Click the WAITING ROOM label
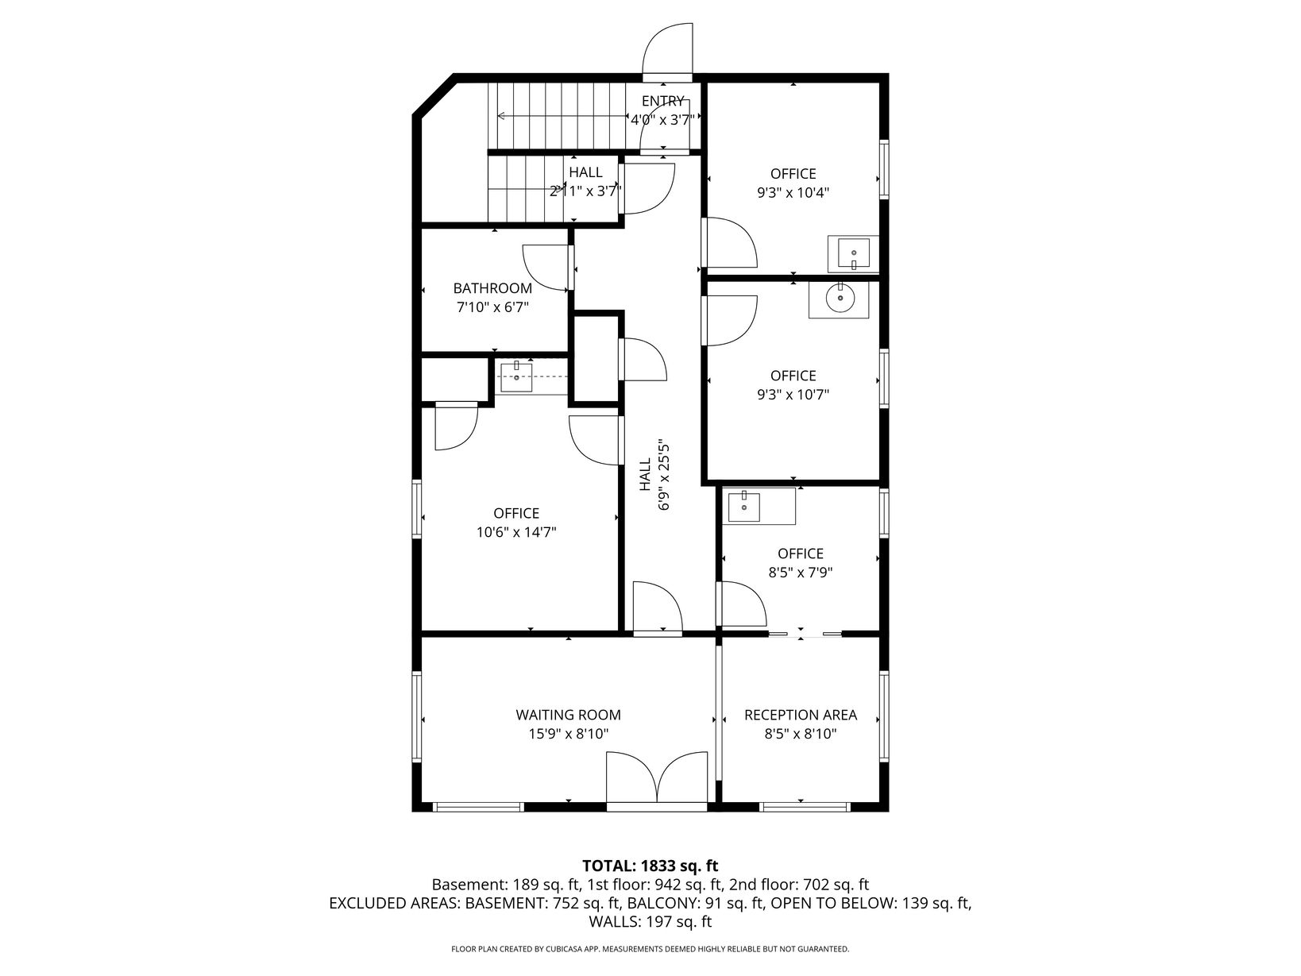pyautogui.click(x=568, y=715)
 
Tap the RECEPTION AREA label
pyautogui.click(x=800, y=715)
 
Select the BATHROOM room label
pyautogui.click(x=492, y=288)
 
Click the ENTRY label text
pyautogui.click(x=662, y=101)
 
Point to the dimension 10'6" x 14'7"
pyautogui.click(x=516, y=532)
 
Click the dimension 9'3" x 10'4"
pyautogui.click(x=793, y=193)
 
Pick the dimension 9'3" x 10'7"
pyautogui.click(x=793, y=394)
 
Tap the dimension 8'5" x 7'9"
pyautogui.click(x=800, y=573)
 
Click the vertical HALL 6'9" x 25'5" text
pyautogui.click(x=654, y=476)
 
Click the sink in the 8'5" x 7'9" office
pyautogui.click(x=744, y=506)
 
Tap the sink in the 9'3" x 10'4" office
pyautogui.click(x=854, y=254)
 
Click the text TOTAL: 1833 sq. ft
pyautogui.click(x=650, y=866)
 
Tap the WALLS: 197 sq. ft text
pyautogui.click(x=650, y=921)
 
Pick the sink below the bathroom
pyautogui.click(x=516, y=377)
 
